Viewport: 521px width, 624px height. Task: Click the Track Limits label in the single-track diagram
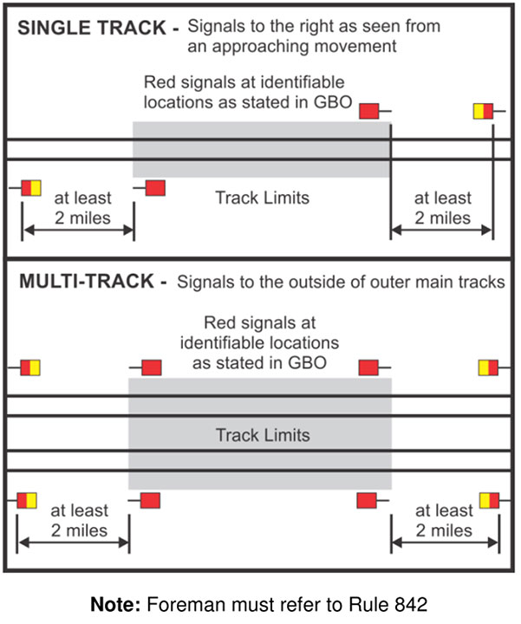tap(262, 198)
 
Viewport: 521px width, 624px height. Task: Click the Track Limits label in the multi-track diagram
tap(262, 434)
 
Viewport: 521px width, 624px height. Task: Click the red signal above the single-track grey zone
tap(370, 111)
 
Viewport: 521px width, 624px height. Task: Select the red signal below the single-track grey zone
tap(155, 187)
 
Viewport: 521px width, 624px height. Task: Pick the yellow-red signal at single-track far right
tap(483, 111)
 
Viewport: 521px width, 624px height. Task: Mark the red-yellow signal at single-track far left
tap(31, 187)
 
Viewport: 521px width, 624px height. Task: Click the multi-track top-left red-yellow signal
tap(30, 367)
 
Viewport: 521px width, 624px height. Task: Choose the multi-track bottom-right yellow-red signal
tap(488, 500)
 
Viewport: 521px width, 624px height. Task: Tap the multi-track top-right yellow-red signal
tap(488, 367)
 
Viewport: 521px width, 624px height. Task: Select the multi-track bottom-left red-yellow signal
tap(27, 500)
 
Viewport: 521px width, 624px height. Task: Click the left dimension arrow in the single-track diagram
tap(78, 231)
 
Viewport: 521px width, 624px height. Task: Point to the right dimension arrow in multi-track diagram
tap(445, 544)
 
